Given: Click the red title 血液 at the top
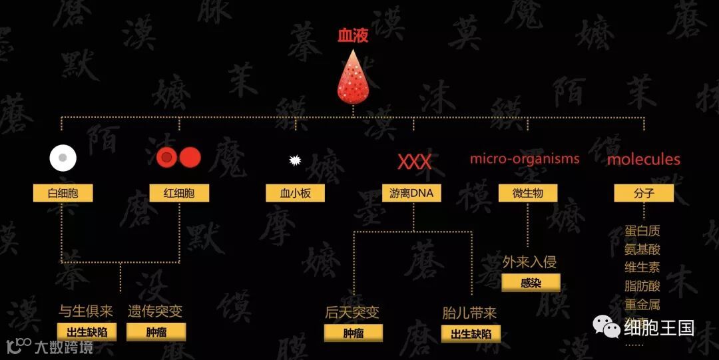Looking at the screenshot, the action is click(353, 36).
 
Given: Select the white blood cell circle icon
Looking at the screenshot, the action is click(63, 158).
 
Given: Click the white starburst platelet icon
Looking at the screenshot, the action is click(294, 160).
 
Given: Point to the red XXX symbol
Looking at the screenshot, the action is click(414, 162).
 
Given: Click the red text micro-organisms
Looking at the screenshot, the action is click(525, 159).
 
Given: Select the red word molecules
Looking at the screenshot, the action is click(644, 160).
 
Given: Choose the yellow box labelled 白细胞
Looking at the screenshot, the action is click(63, 194).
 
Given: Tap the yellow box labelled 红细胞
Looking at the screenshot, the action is click(179, 194).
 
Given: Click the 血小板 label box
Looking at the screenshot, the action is click(294, 194).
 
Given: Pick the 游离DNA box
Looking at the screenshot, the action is click(411, 194).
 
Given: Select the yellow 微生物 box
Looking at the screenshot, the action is click(527, 194).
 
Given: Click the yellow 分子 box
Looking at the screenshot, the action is click(644, 194).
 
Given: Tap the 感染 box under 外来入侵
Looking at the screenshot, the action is click(531, 282).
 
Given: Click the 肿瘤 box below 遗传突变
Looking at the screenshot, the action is click(156, 332).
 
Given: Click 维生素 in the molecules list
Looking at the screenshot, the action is click(642, 268).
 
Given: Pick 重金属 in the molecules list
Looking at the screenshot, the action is click(642, 304).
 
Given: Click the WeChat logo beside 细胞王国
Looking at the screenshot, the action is click(606, 326).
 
